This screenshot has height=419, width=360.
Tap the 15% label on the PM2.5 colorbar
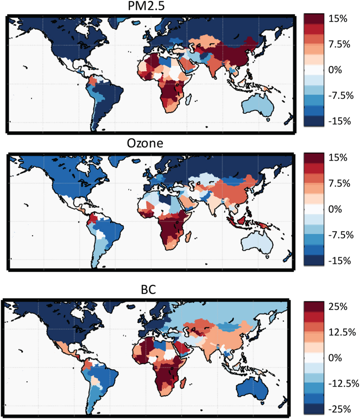point(338,18)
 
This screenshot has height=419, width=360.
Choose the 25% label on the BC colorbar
point(338,306)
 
